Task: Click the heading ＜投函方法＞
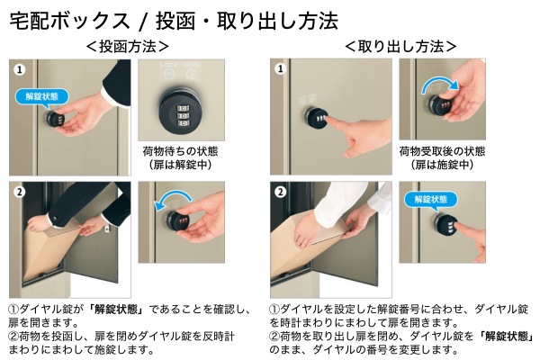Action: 128,47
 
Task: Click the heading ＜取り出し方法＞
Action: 400,47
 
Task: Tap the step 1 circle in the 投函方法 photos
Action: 20,69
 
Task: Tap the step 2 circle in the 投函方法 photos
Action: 20,192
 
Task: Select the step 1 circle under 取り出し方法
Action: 281,69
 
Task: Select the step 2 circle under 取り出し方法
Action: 281,192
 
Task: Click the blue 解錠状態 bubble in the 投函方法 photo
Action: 41,96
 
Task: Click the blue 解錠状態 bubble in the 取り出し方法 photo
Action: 431,200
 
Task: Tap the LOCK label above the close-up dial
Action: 169,65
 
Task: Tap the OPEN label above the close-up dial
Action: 191,65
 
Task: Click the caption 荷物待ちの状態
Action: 180,151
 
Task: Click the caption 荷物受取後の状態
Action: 442,151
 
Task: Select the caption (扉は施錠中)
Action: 442,165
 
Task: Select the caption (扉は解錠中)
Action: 180,165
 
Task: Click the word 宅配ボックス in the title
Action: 69,21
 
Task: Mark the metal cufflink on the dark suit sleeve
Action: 55,219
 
